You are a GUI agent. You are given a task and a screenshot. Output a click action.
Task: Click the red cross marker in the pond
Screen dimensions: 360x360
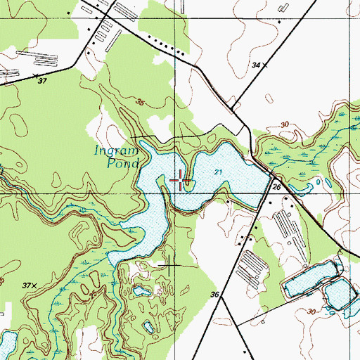tap(181, 181)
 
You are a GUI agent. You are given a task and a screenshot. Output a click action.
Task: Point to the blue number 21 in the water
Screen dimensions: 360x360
tap(219, 172)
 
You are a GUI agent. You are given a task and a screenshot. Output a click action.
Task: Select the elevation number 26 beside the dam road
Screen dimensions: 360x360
tap(276, 188)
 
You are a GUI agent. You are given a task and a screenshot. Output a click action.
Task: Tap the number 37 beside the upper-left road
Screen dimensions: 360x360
tap(42, 81)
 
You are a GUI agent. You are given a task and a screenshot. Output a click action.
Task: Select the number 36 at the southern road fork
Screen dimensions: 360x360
tap(214, 295)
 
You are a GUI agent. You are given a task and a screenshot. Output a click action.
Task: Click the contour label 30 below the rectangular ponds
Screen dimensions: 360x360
tap(312, 311)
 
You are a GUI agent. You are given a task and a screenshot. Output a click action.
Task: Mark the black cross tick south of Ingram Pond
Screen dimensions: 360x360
tap(169, 264)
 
